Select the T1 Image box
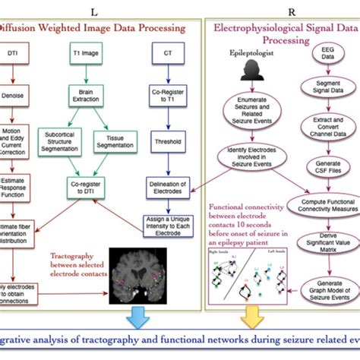(x=89, y=55)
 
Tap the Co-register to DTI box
(x=89, y=189)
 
